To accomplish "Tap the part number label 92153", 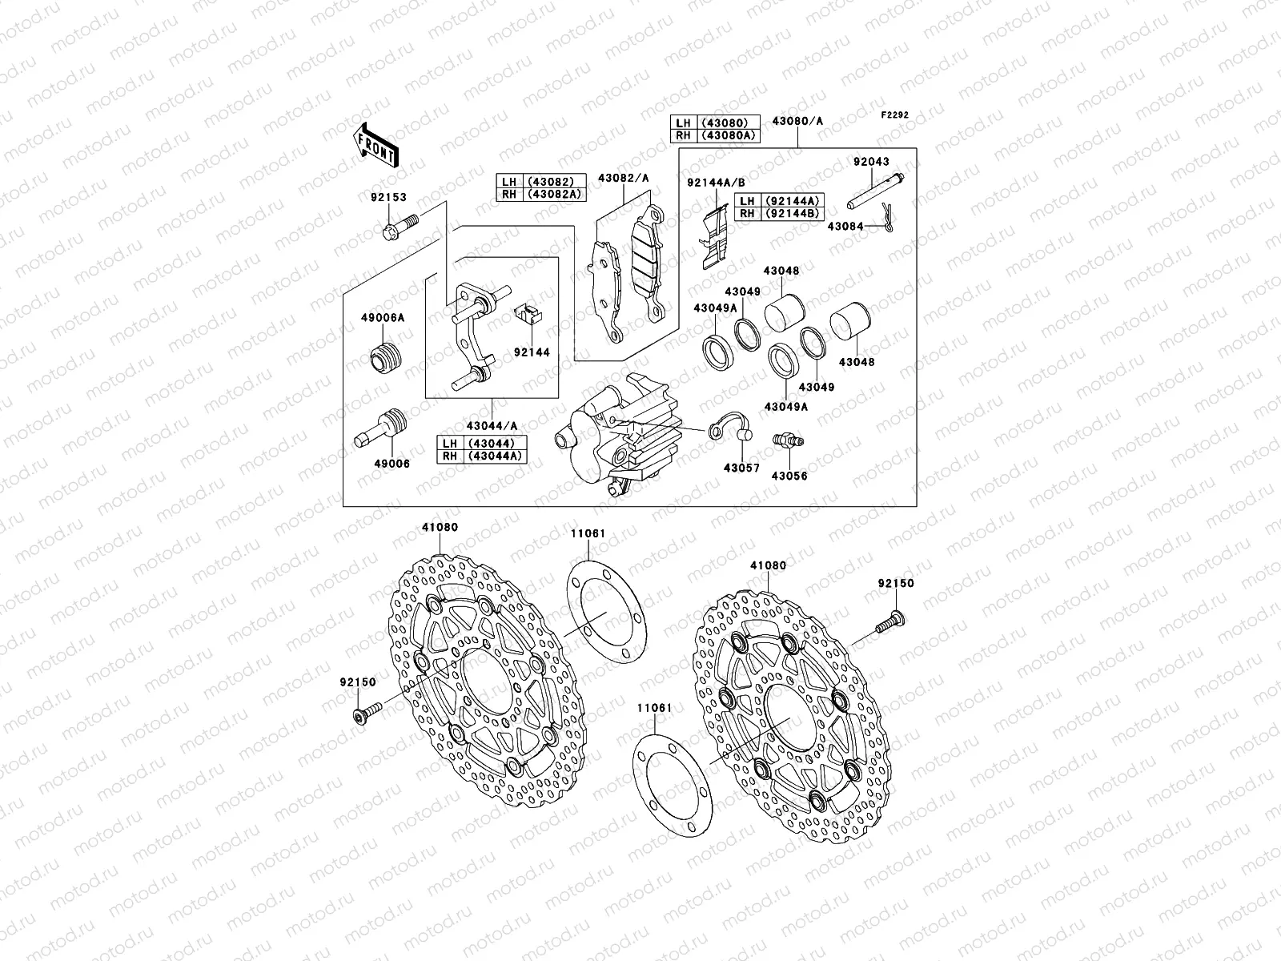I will click(x=388, y=196).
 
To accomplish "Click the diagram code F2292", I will click(x=895, y=115).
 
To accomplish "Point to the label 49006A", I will click(x=387, y=318).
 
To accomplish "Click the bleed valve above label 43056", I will click(x=788, y=440).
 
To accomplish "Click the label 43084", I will click(x=845, y=227).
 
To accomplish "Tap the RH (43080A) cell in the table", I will click(x=727, y=135).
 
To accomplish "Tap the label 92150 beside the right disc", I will click(x=895, y=584).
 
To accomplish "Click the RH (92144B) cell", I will click(x=781, y=213).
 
